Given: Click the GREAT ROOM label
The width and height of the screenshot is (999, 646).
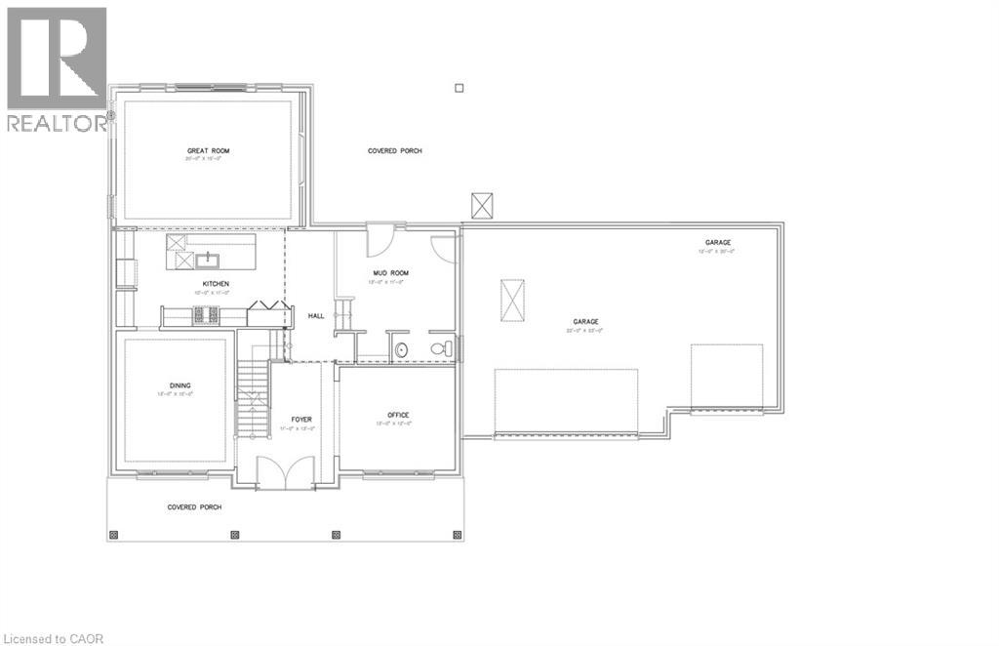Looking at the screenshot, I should [x=209, y=151].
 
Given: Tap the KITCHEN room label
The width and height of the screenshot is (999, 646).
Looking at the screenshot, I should [x=216, y=284].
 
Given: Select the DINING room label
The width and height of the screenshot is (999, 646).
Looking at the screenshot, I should [x=180, y=385].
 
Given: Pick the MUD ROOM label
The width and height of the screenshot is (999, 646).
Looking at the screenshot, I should [x=388, y=273].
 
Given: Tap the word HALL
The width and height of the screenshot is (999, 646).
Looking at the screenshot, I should [x=316, y=316].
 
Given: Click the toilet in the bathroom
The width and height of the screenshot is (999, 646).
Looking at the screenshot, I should [x=440, y=347].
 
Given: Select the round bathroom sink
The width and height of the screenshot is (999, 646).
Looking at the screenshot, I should [x=401, y=348].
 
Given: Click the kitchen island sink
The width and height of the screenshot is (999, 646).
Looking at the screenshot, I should [x=208, y=259].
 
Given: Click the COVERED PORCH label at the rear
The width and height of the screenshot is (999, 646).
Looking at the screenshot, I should [x=395, y=151].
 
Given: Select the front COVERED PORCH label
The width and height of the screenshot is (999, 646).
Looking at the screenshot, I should [x=194, y=507].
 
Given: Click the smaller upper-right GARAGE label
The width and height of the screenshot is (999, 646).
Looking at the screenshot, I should [x=718, y=243].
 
